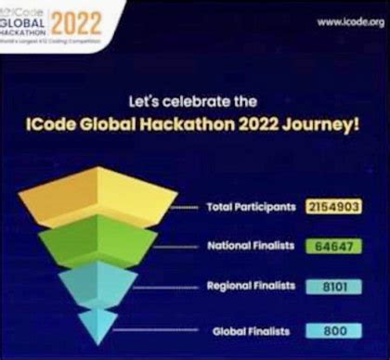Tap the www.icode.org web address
coord(349,22)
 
